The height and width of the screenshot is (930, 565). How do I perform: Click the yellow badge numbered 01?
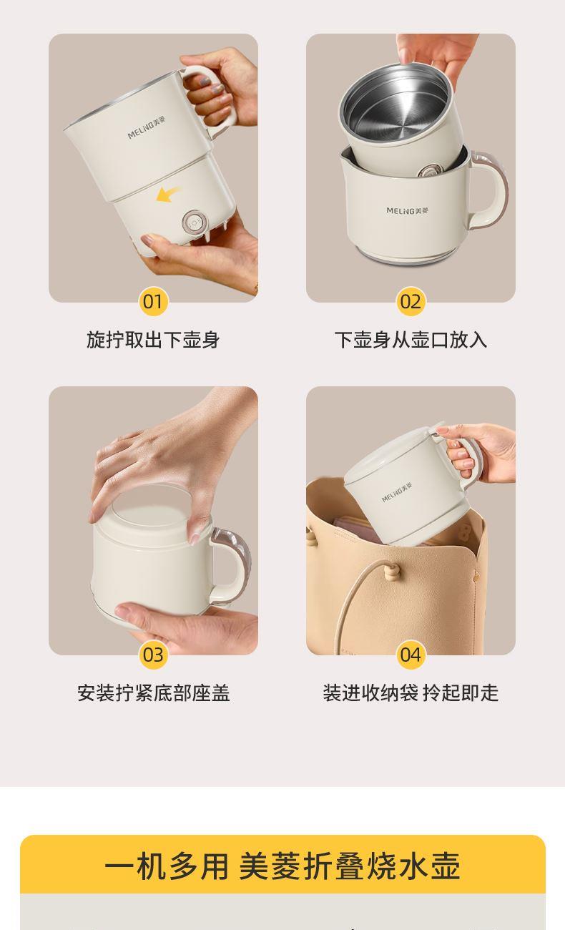(x=153, y=301)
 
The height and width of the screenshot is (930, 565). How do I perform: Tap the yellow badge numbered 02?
(x=411, y=301)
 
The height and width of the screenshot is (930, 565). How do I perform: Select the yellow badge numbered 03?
(x=153, y=655)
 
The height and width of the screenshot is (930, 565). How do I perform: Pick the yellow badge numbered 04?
(x=411, y=655)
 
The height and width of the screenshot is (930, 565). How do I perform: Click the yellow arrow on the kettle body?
(x=168, y=195)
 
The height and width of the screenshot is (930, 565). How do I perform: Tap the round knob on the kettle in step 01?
(x=193, y=222)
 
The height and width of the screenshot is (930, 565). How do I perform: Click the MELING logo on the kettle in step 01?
(x=146, y=129)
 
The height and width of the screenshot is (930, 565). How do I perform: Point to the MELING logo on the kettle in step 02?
(x=407, y=210)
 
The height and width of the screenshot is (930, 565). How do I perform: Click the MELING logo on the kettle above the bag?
(x=397, y=492)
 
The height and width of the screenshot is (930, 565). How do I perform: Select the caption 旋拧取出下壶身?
(x=153, y=340)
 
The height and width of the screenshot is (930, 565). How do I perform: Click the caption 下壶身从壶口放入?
(x=411, y=340)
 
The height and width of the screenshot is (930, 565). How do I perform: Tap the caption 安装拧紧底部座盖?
(x=153, y=692)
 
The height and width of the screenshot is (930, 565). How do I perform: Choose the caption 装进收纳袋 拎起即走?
(x=411, y=692)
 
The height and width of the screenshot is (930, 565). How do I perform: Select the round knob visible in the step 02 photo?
(x=429, y=171)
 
